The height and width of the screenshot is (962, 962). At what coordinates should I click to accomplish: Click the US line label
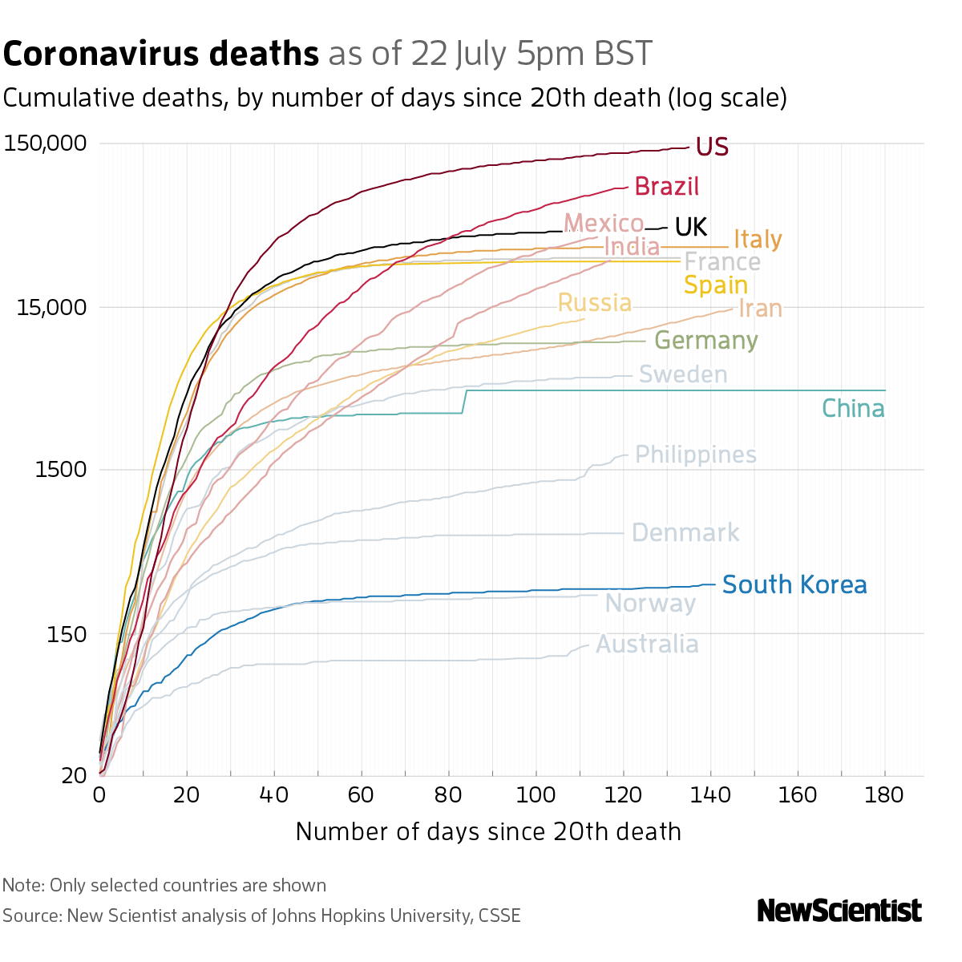tap(712, 147)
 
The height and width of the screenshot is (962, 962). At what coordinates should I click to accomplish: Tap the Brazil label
tap(666, 187)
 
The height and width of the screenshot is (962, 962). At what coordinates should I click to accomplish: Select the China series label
tap(853, 409)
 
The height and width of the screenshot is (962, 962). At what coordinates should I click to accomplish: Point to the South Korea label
tap(794, 584)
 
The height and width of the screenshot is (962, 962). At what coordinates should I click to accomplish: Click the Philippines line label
tap(696, 455)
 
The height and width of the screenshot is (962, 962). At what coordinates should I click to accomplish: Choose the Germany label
tap(705, 340)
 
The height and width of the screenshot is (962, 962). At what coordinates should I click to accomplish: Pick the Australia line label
tap(647, 644)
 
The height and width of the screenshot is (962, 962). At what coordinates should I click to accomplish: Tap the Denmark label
tap(685, 532)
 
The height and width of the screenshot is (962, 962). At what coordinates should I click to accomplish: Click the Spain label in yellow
tap(715, 285)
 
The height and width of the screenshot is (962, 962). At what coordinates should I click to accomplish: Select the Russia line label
tap(594, 303)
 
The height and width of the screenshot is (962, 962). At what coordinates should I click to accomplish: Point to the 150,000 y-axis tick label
tap(45, 144)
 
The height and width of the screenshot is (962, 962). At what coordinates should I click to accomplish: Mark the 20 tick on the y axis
tap(75, 775)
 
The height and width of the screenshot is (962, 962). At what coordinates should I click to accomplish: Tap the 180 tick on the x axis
tap(885, 795)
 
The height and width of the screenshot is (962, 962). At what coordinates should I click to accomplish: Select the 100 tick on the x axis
tap(536, 795)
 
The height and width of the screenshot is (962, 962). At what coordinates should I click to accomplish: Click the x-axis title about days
tap(488, 831)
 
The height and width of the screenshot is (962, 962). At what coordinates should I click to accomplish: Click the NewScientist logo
tap(839, 911)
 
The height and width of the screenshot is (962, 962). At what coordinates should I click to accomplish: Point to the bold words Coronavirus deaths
tap(161, 54)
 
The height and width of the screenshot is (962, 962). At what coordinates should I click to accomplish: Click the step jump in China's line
tap(465, 402)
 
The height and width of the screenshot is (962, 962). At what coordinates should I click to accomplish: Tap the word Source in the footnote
tap(31, 915)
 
